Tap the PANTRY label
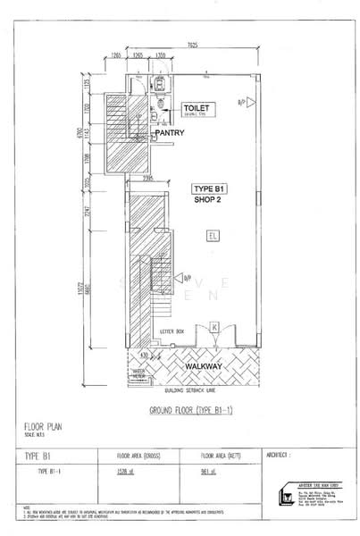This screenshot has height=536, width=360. pyautogui.click(x=169, y=133)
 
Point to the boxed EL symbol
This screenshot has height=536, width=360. pyautogui.click(x=212, y=236)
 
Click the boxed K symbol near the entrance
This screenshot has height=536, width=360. pyautogui.click(x=214, y=328)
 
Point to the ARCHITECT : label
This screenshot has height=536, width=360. pyautogui.click(x=280, y=455)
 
